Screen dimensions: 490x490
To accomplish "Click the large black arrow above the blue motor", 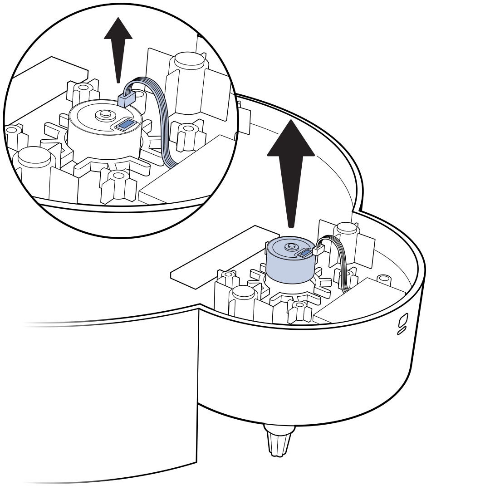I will pyautogui.click(x=291, y=168).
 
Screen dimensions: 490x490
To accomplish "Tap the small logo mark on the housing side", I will pyautogui.click(x=402, y=323).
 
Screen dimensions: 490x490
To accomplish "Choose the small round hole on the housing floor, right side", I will pyautogui.click(x=384, y=277).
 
